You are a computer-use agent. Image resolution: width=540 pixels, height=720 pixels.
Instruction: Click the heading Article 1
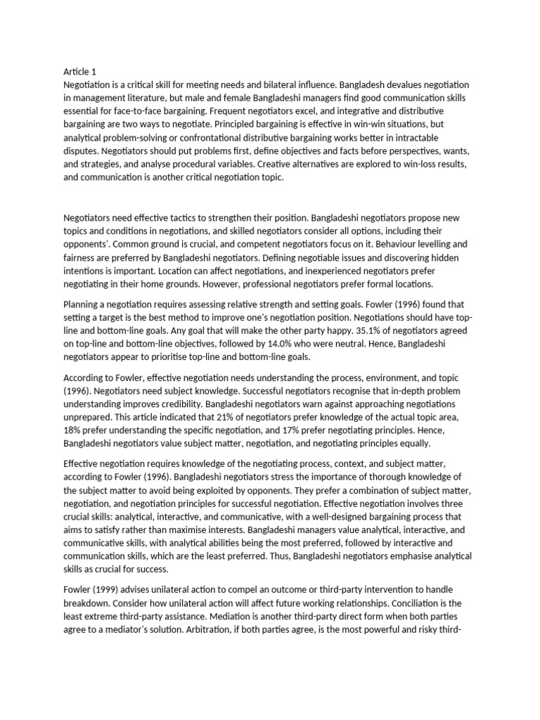click(79, 71)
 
